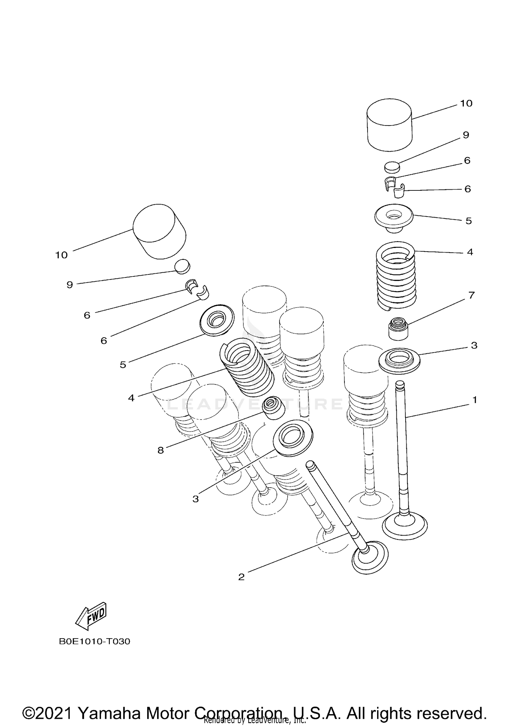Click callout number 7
tap(471, 296)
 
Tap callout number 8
tap(160, 451)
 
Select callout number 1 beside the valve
tap(475, 400)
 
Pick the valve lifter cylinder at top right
tap(389, 125)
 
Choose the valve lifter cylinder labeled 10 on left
tap(159, 232)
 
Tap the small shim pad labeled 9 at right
tap(392, 167)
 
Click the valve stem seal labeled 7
tap(398, 329)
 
